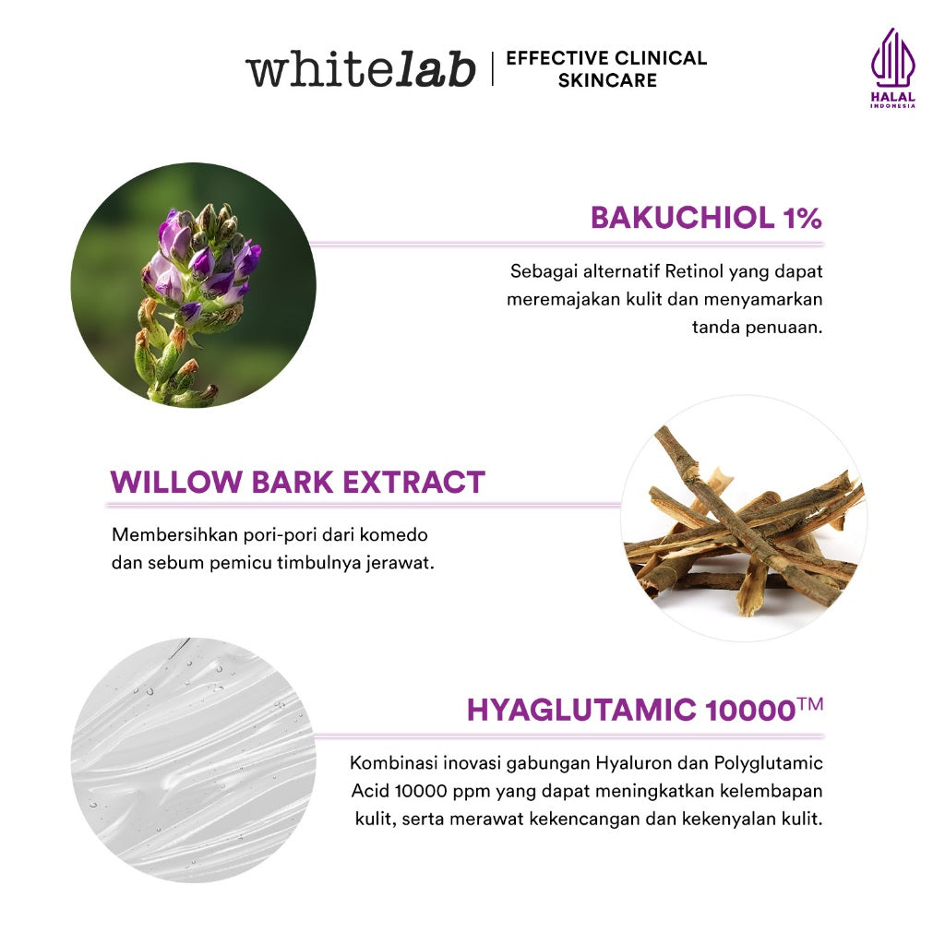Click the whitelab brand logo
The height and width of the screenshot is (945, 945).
pyautogui.click(x=360, y=70)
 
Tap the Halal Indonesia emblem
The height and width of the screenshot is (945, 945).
pyautogui.click(x=892, y=67)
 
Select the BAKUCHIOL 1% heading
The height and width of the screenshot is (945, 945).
pyautogui.click(x=706, y=219)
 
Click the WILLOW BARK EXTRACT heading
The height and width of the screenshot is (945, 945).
pyautogui.click(x=297, y=482)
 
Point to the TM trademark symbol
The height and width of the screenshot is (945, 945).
pyautogui.click(x=809, y=704)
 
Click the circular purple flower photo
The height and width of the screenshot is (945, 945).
pyautogui.click(x=193, y=284)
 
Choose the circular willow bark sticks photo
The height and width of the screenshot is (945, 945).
pyautogui.click(x=743, y=519)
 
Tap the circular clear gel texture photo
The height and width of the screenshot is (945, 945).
pyautogui.click(x=193, y=760)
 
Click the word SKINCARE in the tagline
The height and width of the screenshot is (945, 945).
pyautogui.click(x=607, y=80)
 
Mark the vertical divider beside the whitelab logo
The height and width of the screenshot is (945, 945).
pyautogui.click(x=492, y=69)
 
